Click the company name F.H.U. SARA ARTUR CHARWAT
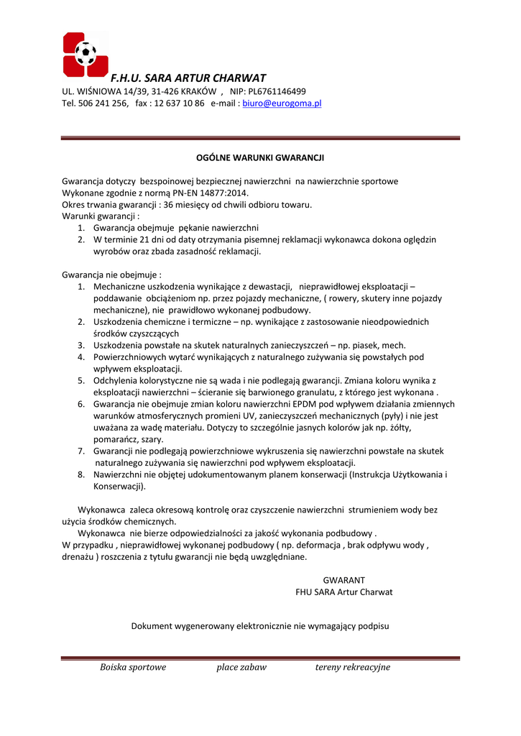188,78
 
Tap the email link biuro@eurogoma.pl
282,103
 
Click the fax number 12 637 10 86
179,103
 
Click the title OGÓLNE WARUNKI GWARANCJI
260,157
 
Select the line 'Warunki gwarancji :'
101,216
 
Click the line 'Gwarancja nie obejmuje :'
111,275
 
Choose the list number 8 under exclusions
81,474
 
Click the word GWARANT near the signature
344,580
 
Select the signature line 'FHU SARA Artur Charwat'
344,592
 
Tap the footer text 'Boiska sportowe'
133,667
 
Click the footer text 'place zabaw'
241,667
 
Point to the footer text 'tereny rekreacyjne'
352,667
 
